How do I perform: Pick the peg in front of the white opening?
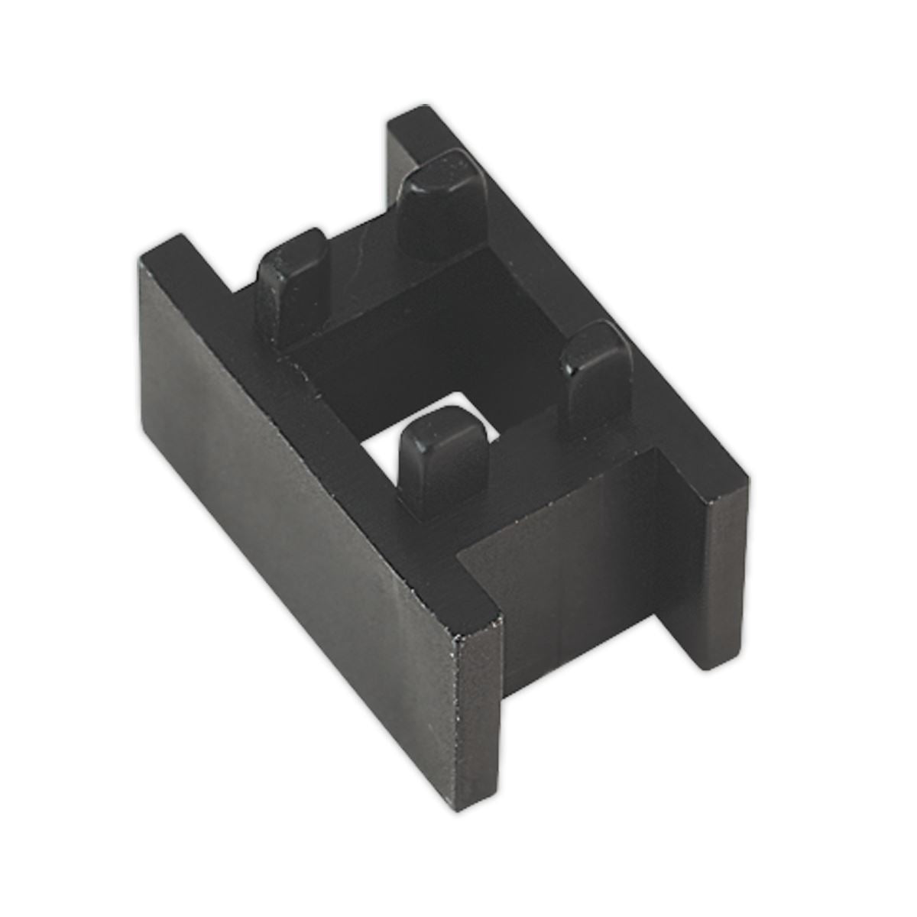443,458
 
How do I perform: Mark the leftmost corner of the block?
140,260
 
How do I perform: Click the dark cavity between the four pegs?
428,336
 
